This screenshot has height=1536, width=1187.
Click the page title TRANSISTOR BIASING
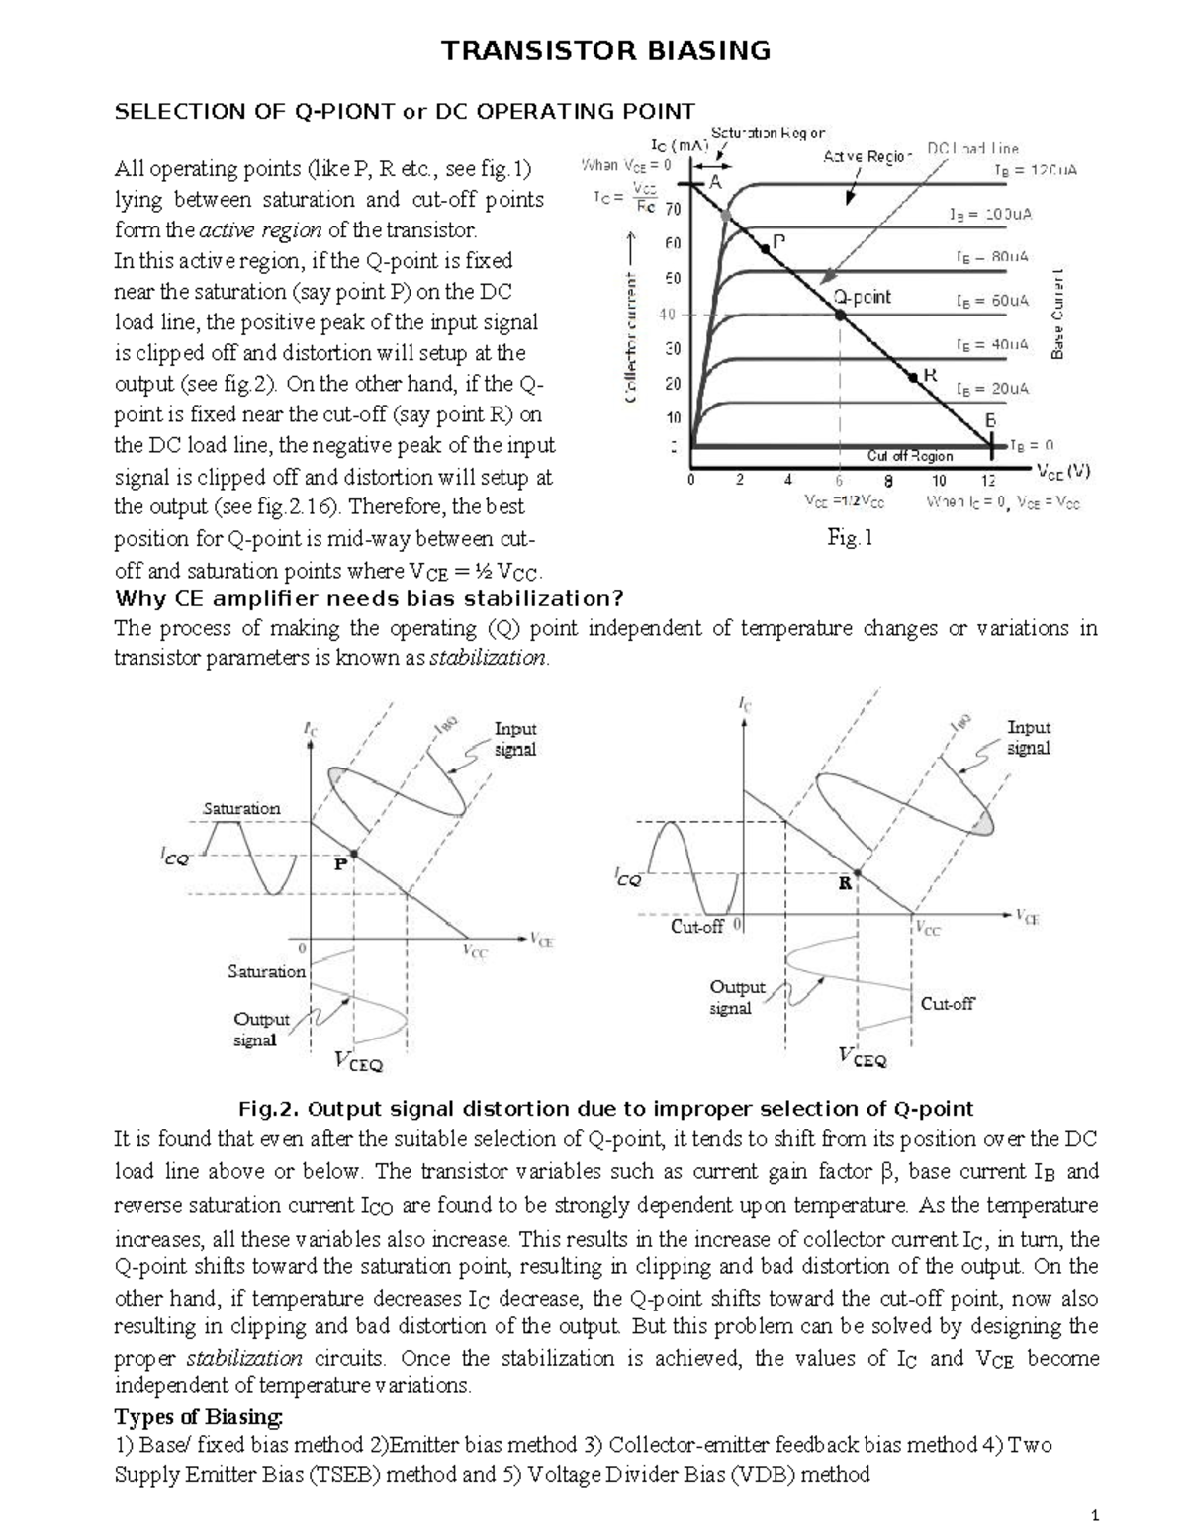point(605,50)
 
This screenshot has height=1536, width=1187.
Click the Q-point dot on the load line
point(840,315)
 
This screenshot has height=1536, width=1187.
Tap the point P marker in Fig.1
point(766,249)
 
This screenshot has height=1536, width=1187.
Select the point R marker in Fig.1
point(913,376)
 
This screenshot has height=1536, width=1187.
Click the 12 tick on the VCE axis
point(988,481)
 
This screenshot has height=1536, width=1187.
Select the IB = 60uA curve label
point(992,300)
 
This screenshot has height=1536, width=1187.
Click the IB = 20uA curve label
point(992,389)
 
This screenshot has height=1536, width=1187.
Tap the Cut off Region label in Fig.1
point(909,456)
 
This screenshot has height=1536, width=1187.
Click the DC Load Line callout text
point(972,149)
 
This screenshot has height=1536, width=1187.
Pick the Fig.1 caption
point(850,538)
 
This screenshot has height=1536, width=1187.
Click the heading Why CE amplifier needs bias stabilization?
point(369,598)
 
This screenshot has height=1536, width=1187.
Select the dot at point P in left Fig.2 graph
point(354,853)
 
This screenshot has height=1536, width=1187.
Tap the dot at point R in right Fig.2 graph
point(858,874)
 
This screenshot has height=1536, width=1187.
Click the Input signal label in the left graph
point(514,739)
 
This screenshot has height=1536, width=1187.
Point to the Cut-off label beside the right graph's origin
point(697,927)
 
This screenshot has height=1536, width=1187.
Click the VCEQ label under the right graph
point(863,1056)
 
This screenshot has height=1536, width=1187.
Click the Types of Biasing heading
point(199,1416)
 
